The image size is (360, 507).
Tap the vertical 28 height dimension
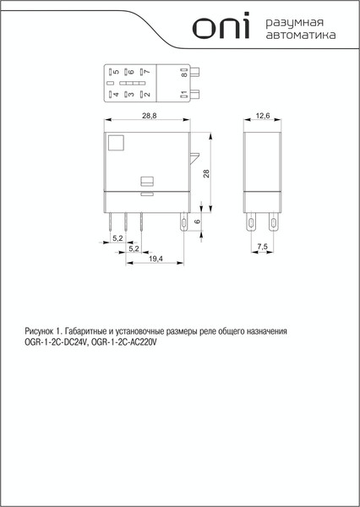[205, 173]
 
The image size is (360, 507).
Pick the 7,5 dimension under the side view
[263, 247]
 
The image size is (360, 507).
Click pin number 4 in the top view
[115, 95]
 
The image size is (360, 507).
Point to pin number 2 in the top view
[145, 95]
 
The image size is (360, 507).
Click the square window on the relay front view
[117, 142]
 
